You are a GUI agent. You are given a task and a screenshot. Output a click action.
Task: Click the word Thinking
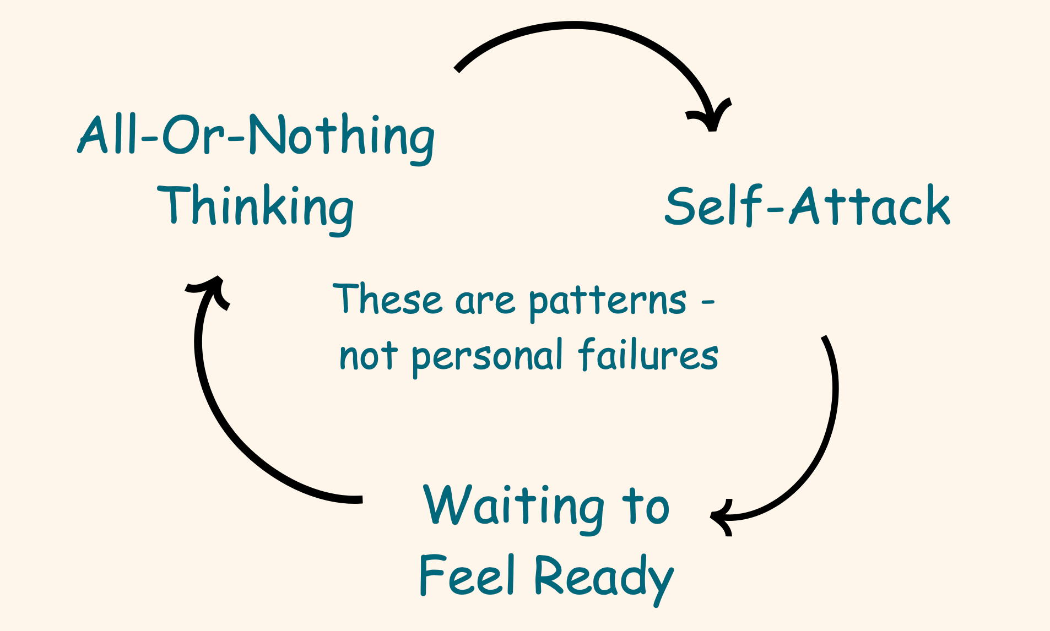pos(255,207)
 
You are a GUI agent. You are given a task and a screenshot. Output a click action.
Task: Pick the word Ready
pos(603,576)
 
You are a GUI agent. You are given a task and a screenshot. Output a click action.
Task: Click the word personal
pos(487,356)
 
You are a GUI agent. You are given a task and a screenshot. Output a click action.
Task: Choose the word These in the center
pos(388,300)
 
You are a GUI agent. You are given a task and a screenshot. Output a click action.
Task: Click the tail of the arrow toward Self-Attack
pos(458,69)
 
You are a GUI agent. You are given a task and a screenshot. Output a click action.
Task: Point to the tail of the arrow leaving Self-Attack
pos(825,337)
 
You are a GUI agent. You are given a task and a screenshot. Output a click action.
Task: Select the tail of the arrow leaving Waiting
pos(360,499)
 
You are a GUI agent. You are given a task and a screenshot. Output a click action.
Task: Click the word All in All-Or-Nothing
pos(108,135)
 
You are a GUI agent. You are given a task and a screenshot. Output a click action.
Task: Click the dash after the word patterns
pos(708,301)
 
